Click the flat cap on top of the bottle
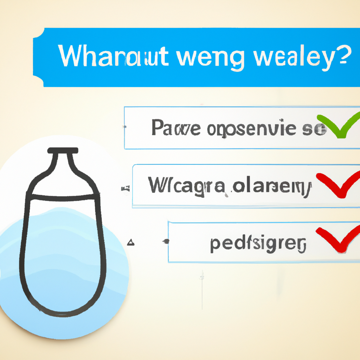63,150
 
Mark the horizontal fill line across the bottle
63,194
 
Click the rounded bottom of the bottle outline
63,309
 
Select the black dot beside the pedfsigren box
166,241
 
